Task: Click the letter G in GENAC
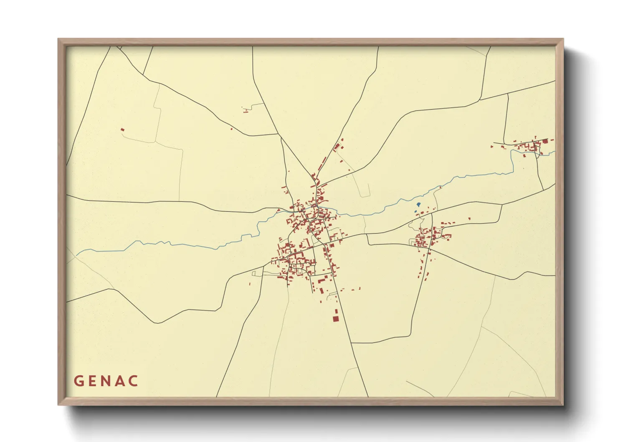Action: click(79, 381)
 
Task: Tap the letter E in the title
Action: click(92, 381)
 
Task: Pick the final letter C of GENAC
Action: click(134, 381)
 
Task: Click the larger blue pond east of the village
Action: click(418, 205)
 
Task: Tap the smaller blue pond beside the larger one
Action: click(416, 211)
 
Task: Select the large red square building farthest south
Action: click(335, 319)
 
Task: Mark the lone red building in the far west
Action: click(122, 130)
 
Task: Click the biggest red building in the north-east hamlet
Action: click(545, 142)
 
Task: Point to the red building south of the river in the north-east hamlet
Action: click(524, 156)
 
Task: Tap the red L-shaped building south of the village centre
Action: click(321, 281)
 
